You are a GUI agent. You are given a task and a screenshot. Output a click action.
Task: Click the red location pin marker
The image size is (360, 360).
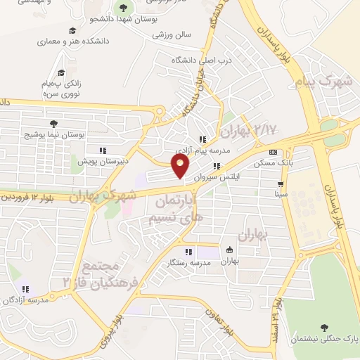[x=181, y=166]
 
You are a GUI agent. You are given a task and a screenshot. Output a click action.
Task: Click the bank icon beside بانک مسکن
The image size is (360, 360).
[x=274, y=153]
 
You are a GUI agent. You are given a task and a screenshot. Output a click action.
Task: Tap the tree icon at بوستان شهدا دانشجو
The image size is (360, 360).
[x=124, y=8]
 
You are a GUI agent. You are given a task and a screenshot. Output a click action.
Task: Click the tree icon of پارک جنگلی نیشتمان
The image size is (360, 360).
[x=324, y=328]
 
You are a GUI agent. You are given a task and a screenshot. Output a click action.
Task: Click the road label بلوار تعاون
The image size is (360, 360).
[x=232, y=325]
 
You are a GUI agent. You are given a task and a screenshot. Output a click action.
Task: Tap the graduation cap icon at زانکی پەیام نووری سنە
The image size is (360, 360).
[x=61, y=72]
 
